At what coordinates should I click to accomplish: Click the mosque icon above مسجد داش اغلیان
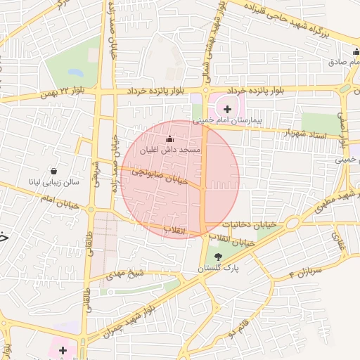169,139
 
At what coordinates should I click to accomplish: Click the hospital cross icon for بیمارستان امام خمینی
227,109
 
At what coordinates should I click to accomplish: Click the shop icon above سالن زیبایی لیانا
54,171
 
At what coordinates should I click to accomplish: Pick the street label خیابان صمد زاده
112,42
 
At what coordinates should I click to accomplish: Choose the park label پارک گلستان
218,269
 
